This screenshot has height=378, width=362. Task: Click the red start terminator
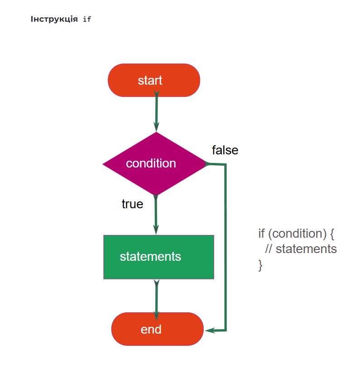(x=154, y=80)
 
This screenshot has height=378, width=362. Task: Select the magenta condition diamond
(x=154, y=164)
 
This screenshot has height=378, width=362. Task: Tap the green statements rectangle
(x=158, y=257)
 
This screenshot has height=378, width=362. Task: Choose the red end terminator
(x=157, y=329)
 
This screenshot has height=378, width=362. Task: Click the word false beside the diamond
(x=225, y=150)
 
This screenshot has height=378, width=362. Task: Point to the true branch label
(x=132, y=204)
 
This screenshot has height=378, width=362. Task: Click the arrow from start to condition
(x=157, y=111)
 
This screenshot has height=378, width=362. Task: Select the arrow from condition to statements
(x=156, y=215)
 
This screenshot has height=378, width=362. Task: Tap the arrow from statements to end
(x=157, y=300)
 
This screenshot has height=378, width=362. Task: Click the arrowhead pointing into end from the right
(x=209, y=330)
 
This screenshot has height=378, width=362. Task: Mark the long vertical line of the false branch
(x=226, y=247)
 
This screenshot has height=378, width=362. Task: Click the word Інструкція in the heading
(x=54, y=19)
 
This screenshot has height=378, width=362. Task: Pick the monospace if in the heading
(x=87, y=19)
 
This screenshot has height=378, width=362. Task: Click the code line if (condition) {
(x=296, y=233)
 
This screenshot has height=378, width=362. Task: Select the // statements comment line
(x=301, y=249)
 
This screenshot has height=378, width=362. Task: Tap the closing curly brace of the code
(x=260, y=265)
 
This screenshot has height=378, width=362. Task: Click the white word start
(x=150, y=80)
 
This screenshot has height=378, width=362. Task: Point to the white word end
(x=151, y=329)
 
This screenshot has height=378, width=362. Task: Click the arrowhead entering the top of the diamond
(x=157, y=127)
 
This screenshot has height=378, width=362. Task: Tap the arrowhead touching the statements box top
(x=156, y=230)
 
